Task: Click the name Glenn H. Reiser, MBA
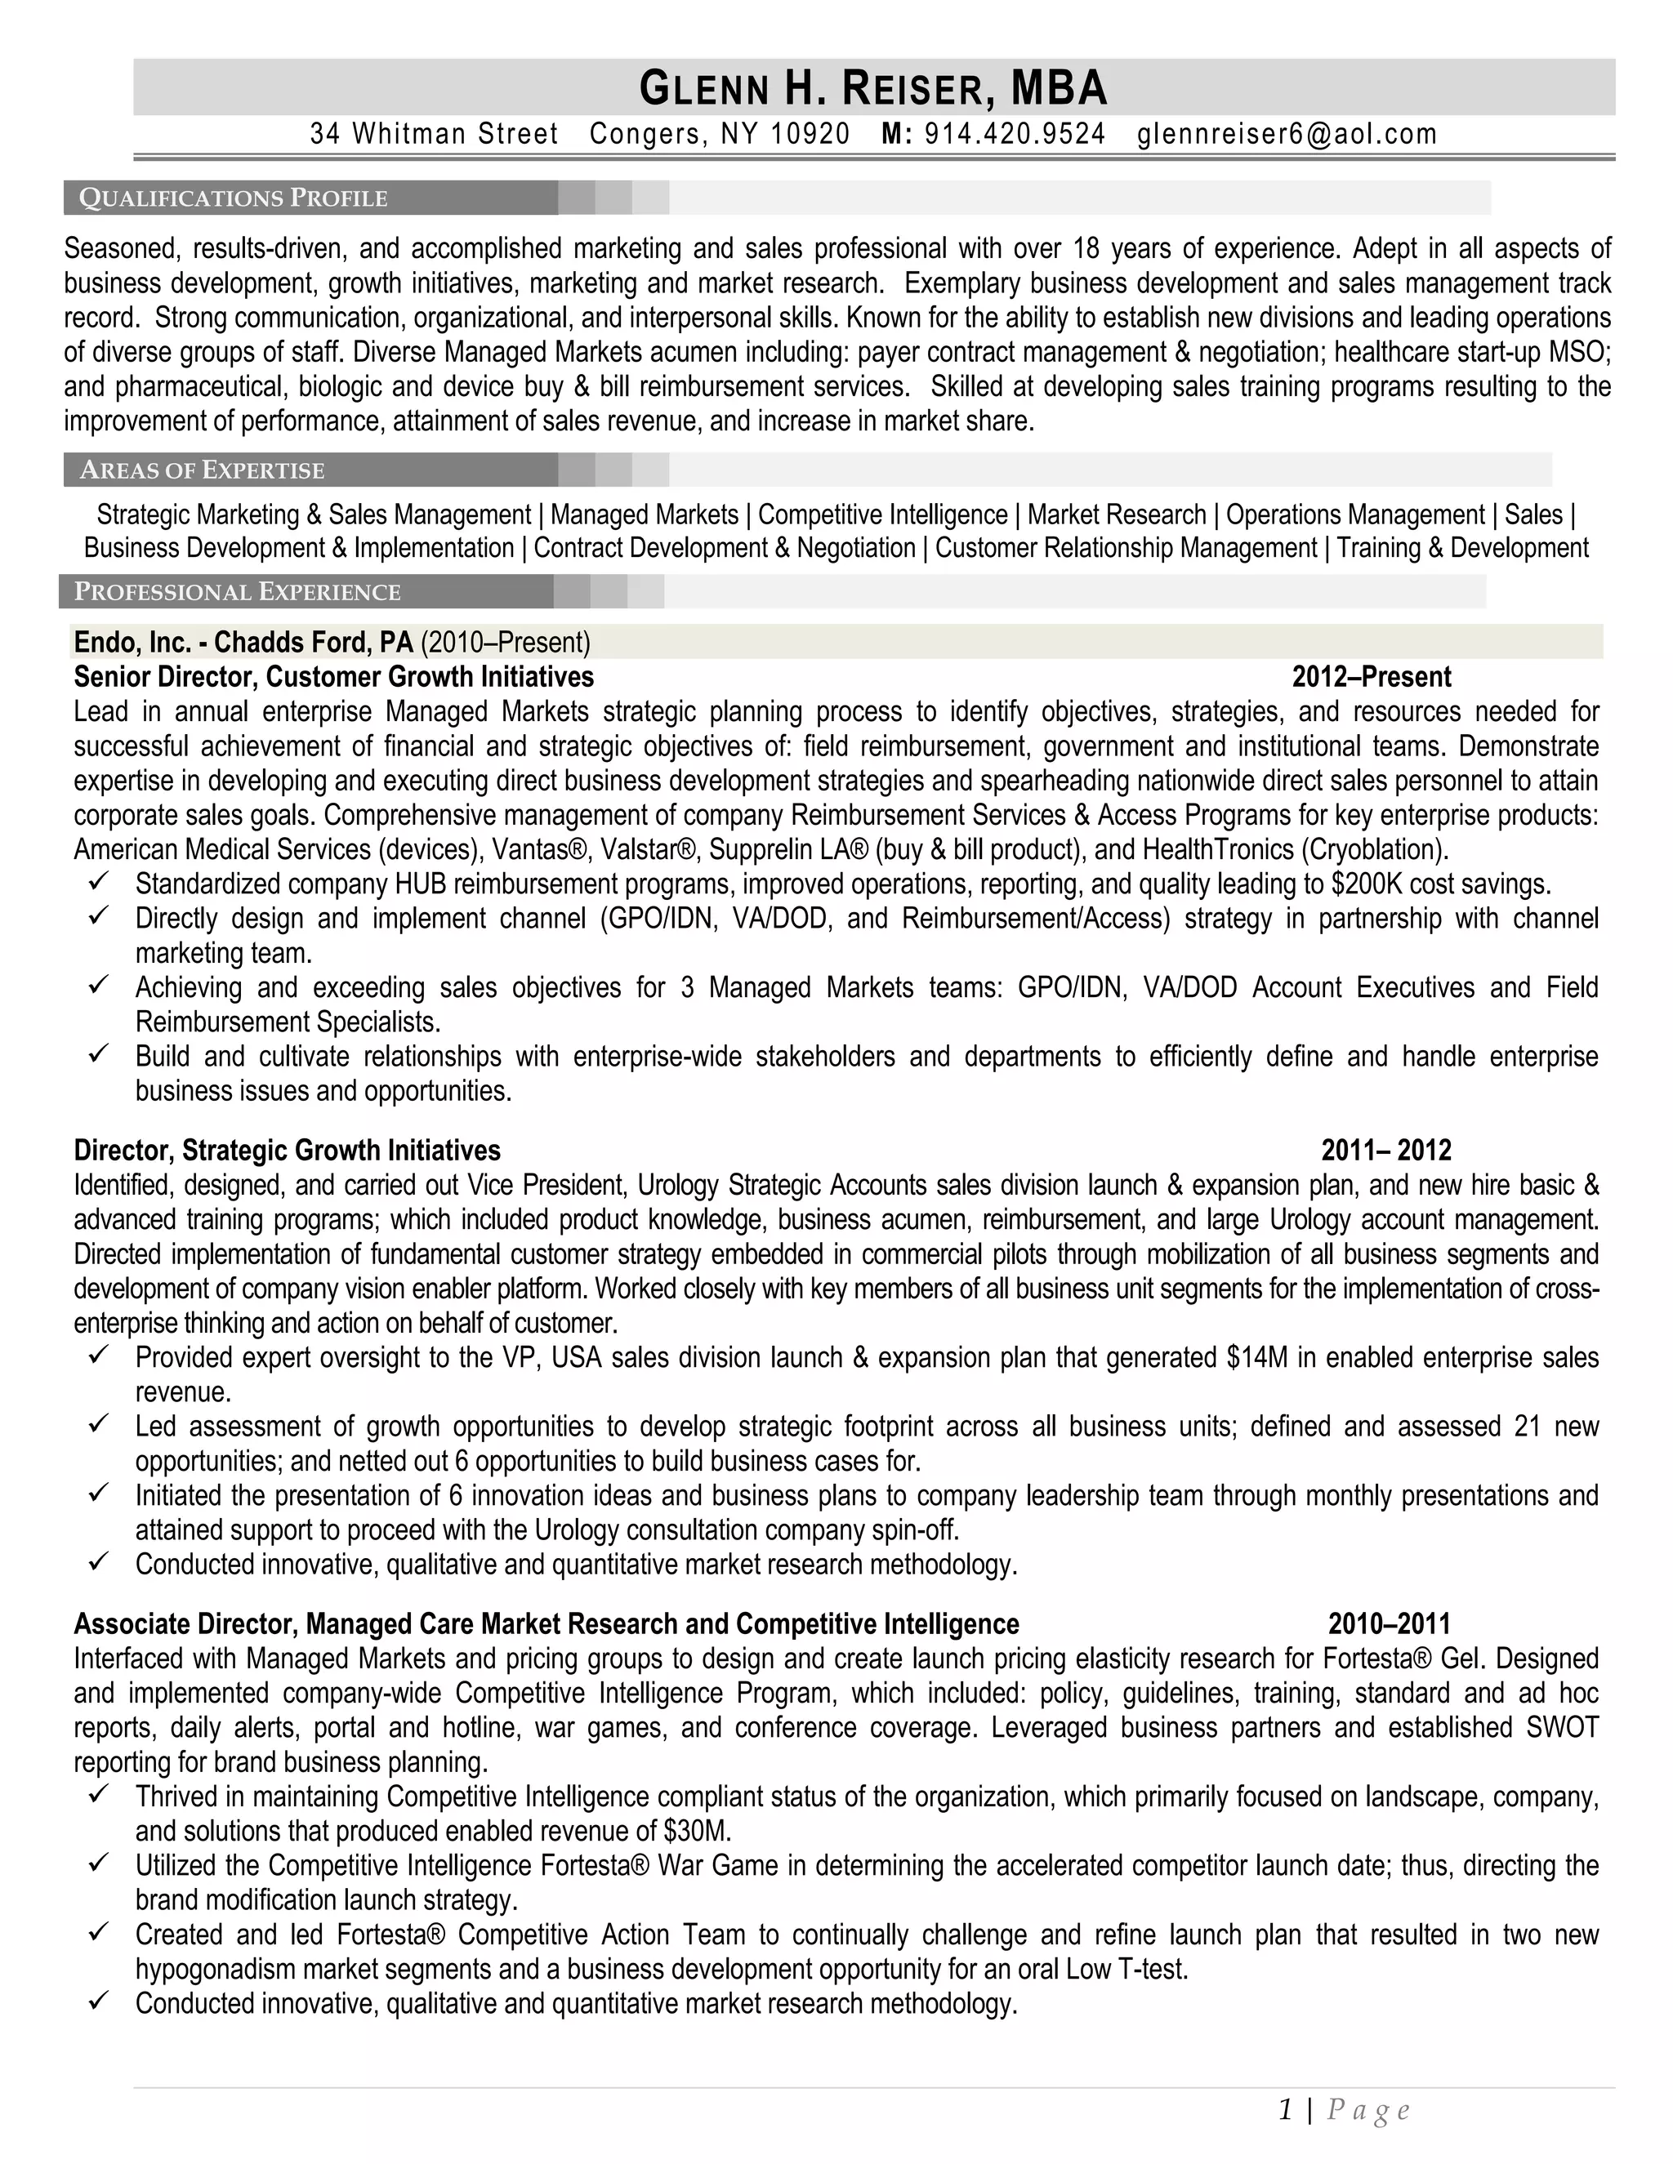[873, 88]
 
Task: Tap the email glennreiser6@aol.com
[1287, 134]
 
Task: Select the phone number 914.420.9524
[1014, 134]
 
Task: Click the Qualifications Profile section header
[234, 198]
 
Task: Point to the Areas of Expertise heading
[203, 470]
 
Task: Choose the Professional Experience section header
[238, 591]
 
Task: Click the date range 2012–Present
[1371, 677]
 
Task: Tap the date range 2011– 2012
[1385, 1151]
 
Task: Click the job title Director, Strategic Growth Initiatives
[288, 1151]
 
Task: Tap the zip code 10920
[810, 134]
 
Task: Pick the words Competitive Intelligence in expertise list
[882, 515]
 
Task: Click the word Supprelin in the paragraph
[756, 850]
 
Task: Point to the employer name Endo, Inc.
[132, 642]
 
